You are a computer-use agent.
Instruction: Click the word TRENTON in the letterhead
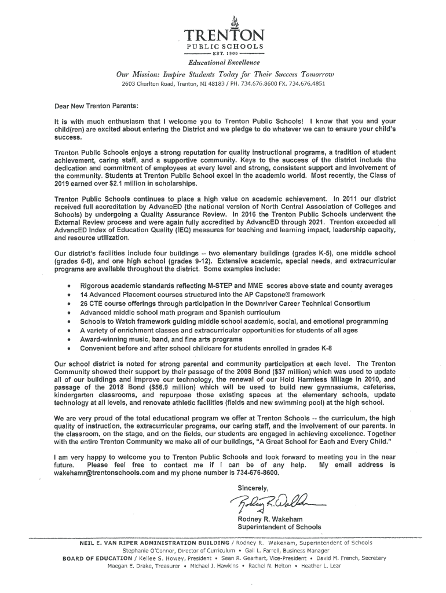pyautogui.click(x=224, y=35)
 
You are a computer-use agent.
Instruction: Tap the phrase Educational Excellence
pyautogui.click(x=223, y=63)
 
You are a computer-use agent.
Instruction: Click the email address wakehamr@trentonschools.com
pyautogui.click(x=111, y=473)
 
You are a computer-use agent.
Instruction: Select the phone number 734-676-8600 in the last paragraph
pyautogui.click(x=253, y=473)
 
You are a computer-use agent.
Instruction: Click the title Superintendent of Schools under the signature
pyautogui.click(x=280, y=528)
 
